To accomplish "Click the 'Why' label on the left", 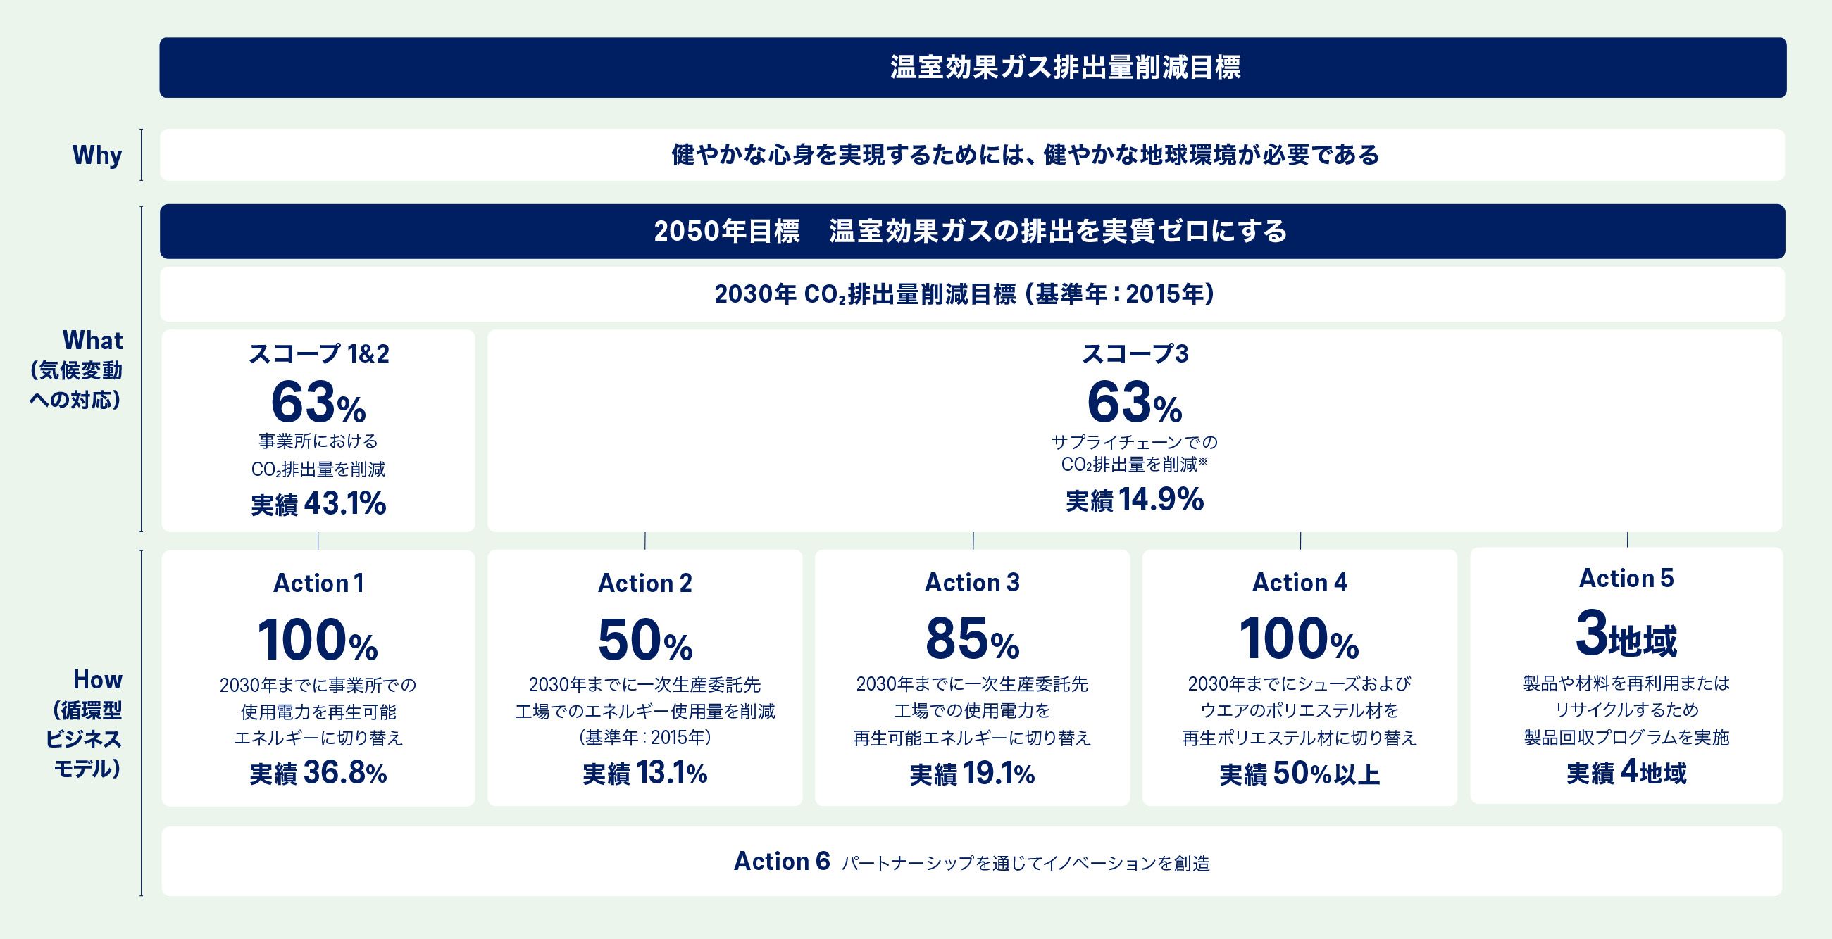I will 96,155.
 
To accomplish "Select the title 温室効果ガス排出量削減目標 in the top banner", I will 1065,68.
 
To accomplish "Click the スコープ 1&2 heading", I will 318,354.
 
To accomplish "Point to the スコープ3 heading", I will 1134,354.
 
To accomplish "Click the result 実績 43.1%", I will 318,504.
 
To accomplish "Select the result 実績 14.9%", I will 1134,500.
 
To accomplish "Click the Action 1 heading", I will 318,584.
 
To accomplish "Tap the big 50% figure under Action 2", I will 644,640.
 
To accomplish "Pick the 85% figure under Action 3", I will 971,639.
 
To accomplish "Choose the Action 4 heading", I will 1300,583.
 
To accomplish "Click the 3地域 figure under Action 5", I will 1626,635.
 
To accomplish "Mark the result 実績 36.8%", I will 318,774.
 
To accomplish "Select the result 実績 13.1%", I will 644,774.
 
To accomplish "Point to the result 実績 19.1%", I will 971,774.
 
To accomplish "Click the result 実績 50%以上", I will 1300,774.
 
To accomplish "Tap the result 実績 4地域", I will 1626,772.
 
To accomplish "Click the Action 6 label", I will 782,862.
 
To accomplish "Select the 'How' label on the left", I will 97,680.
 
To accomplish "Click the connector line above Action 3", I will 973,540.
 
